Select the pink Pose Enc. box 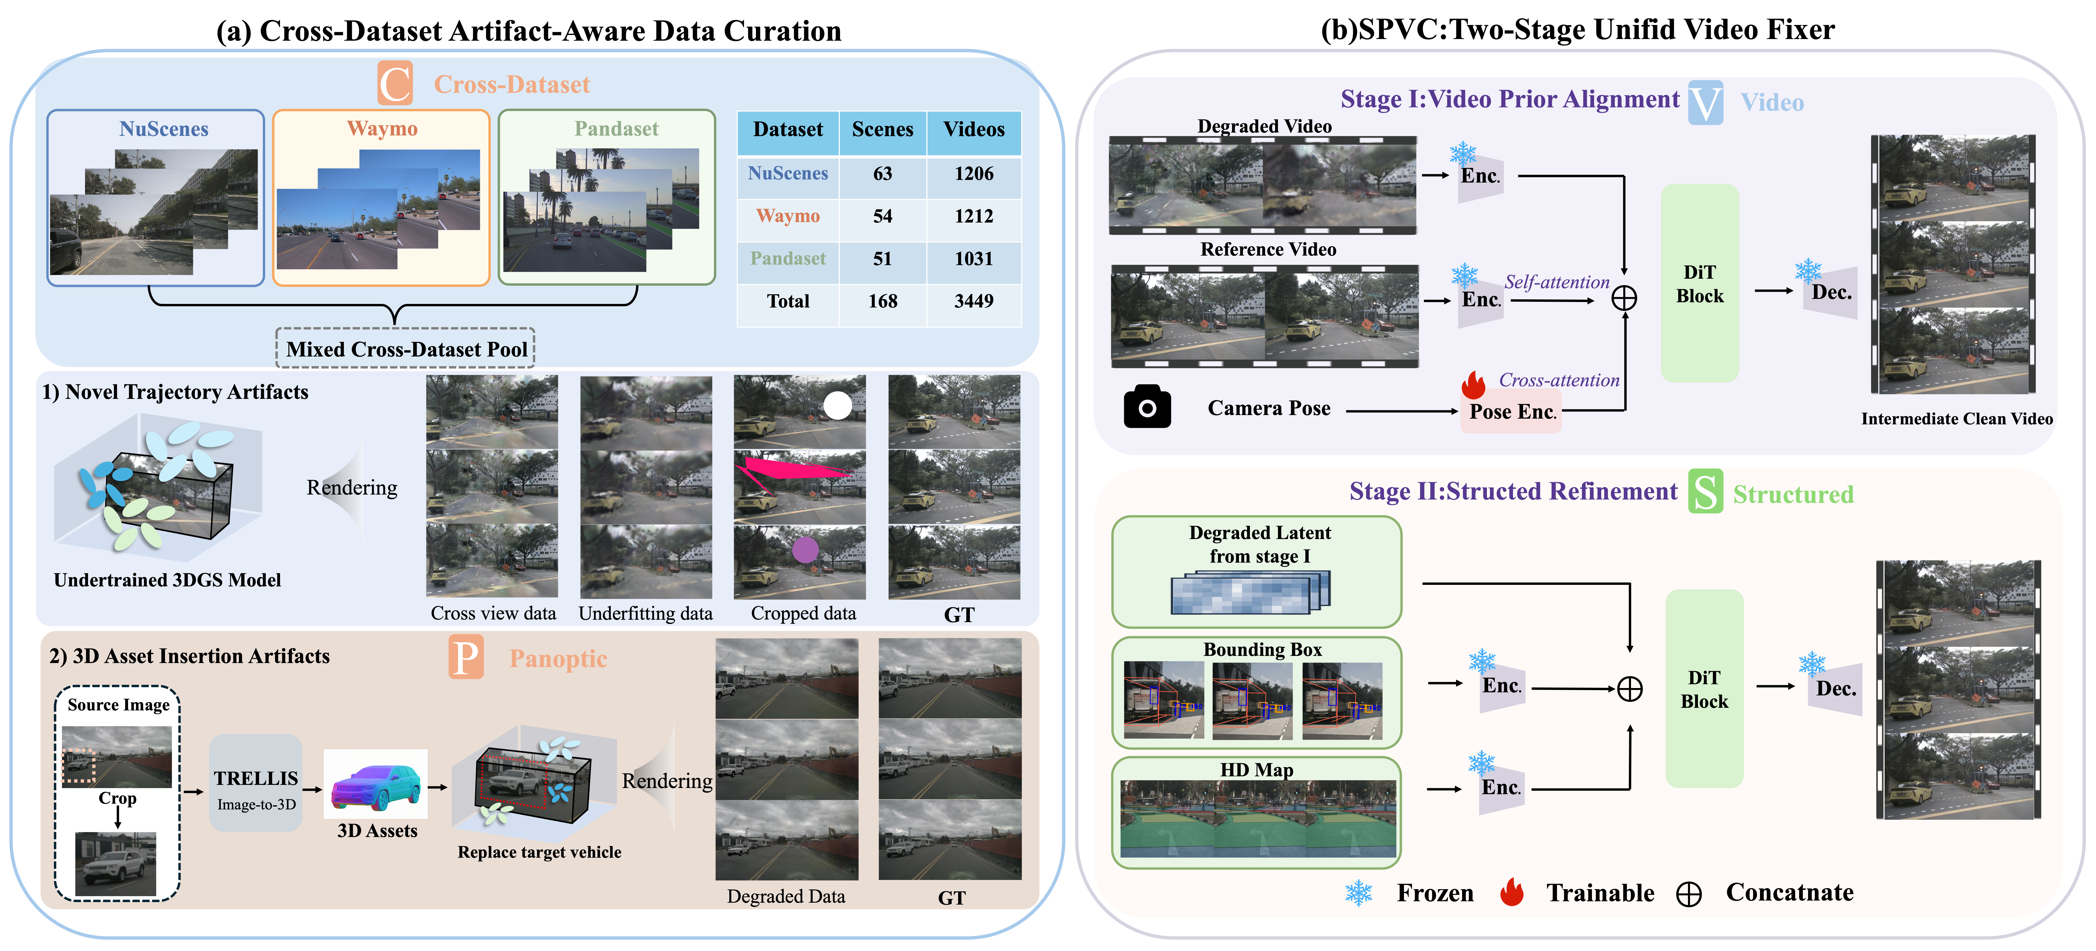(x=1511, y=412)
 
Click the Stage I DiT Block (x=1700, y=283)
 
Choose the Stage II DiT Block (x=1705, y=689)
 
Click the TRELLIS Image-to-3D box (x=256, y=783)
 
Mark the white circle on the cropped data (x=837, y=405)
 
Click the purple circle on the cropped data (x=805, y=550)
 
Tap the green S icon (x=1706, y=491)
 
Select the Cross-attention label (x=1559, y=380)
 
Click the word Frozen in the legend (x=1435, y=893)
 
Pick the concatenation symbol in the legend (x=1689, y=894)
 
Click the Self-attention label (x=1557, y=282)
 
